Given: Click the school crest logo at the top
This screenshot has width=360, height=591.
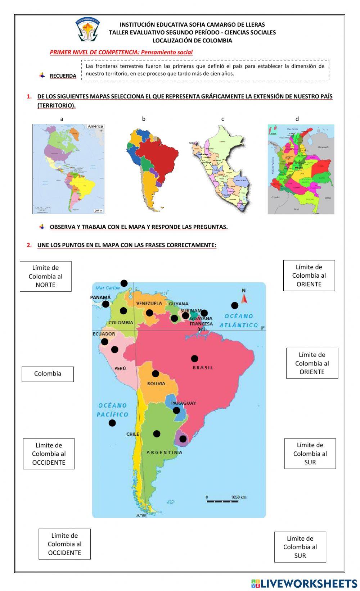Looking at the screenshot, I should click(x=87, y=29).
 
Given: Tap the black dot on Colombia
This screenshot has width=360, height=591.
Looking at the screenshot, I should click(x=123, y=311).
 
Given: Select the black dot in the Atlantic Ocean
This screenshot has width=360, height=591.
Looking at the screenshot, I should click(x=235, y=305).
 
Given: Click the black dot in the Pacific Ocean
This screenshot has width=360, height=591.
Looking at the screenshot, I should click(x=112, y=423).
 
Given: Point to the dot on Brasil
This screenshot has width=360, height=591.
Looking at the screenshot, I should click(x=194, y=358).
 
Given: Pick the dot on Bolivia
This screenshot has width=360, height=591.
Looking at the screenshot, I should click(x=155, y=373).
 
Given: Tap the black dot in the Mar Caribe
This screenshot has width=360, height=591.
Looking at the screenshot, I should click(x=124, y=283).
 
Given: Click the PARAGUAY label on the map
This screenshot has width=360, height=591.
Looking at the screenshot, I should click(x=183, y=403).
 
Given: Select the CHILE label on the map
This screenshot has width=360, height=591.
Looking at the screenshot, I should click(x=132, y=434).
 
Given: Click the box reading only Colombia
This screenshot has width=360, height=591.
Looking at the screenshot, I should click(x=48, y=374).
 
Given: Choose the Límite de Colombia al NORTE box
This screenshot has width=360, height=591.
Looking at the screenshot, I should click(x=45, y=276).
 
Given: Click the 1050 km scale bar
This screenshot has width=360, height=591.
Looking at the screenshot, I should click(x=222, y=500).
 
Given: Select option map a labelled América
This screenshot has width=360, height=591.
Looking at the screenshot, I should click(x=68, y=169).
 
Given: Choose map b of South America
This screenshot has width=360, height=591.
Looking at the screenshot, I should click(x=151, y=165).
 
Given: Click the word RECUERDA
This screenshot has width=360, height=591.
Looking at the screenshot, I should click(x=63, y=76).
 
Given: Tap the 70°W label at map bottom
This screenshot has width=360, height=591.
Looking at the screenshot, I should click(x=141, y=515).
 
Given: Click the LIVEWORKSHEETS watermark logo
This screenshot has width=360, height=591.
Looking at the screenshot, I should click(x=304, y=583).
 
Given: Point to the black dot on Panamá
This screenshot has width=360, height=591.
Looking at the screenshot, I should click(x=105, y=304).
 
